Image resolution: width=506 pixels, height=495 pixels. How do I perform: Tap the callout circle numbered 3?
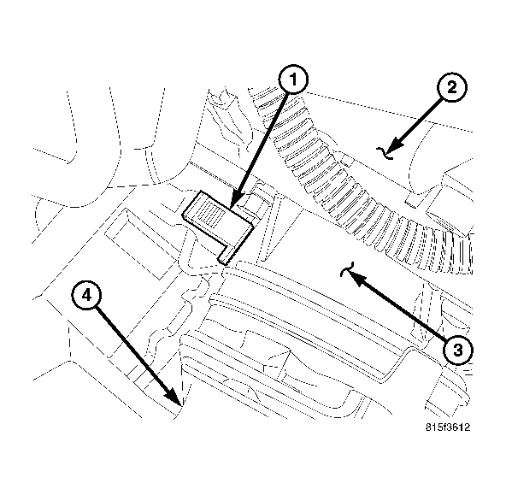(x=457, y=349)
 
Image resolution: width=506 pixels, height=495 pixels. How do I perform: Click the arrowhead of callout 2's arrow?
(x=395, y=144)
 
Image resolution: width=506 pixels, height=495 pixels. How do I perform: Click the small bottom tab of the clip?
(x=227, y=253)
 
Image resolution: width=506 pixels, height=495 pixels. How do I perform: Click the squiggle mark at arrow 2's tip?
(x=387, y=151)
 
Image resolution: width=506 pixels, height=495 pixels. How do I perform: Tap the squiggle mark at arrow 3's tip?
(x=345, y=272)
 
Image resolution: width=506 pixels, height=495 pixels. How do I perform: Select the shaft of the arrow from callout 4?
(x=132, y=349)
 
